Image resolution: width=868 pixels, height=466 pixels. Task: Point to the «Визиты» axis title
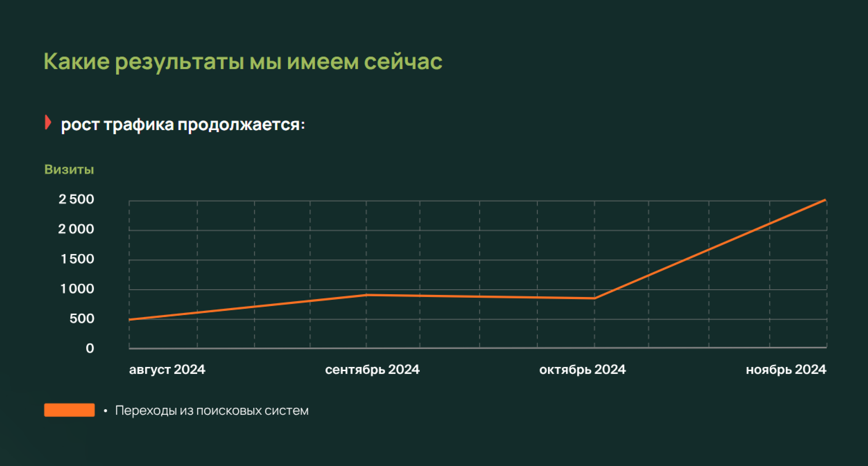pos(69,169)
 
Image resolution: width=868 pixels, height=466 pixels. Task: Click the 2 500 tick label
pos(76,199)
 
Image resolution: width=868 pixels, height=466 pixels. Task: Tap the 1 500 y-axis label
pos(77,259)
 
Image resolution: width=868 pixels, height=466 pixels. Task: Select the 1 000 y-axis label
pos(77,289)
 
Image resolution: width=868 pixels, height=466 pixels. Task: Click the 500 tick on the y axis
pos(82,319)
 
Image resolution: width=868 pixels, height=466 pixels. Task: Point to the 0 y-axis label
pos(90,348)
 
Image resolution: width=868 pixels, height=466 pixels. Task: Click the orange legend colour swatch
pos(69,410)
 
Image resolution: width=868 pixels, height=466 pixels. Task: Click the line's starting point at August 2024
pos(130,320)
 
